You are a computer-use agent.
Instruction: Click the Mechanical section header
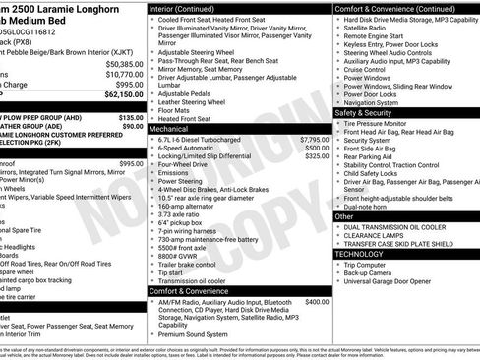tap(169, 128)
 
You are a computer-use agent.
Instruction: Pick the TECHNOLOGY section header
tap(360, 253)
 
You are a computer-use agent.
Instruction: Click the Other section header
tap(345, 215)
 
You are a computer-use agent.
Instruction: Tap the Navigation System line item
tap(372, 101)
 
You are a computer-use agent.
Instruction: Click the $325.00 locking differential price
tap(317, 155)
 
